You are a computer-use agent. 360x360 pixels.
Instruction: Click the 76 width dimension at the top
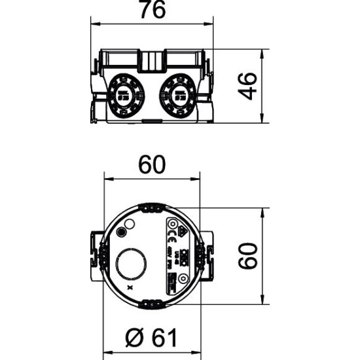point(152,11)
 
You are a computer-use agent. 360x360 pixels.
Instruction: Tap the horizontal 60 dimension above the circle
point(152,166)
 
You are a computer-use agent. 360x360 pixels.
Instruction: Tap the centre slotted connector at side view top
point(152,60)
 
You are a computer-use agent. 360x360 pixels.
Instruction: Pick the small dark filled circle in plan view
point(121,232)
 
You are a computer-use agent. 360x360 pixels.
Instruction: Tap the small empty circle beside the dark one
point(130,225)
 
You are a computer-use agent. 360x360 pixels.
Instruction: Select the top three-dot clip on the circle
point(152,207)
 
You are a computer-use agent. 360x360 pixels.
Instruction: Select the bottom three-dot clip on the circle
point(152,303)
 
